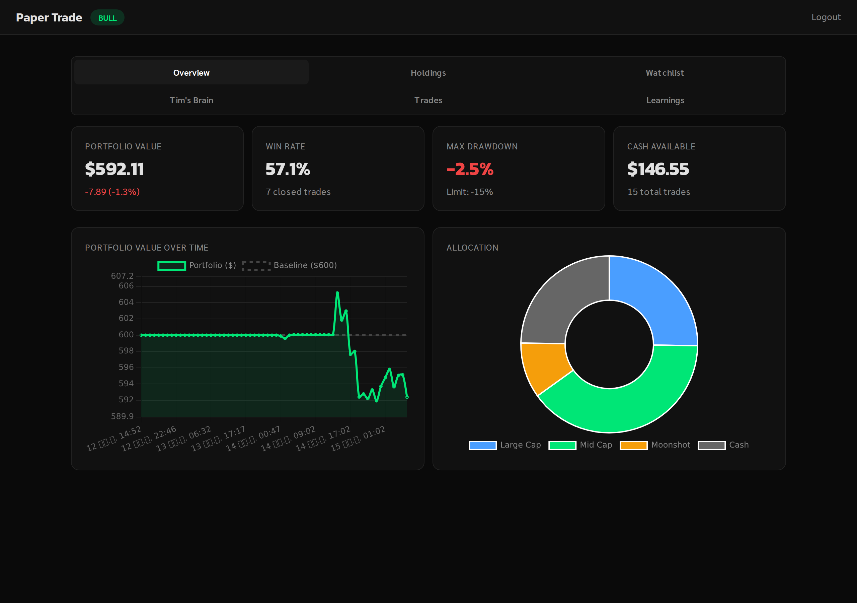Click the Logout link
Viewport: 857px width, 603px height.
pyautogui.click(x=826, y=17)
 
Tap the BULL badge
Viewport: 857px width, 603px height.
pyautogui.click(x=107, y=18)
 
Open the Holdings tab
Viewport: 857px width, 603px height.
pyautogui.click(x=428, y=73)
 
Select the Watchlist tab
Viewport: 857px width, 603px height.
pyautogui.click(x=665, y=73)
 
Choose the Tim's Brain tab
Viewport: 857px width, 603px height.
pyautogui.click(x=191, y=100)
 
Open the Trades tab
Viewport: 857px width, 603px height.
pyautogui.click(x=428, y=100)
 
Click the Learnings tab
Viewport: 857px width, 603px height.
pyautogui.click(x=665, y=100)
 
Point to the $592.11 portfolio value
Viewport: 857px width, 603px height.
pyautogui.click(x=114, y=169)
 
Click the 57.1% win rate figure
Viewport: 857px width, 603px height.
pyautogui.click(x=288, y=169)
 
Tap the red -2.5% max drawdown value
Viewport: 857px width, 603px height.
pyautogui.click(x=470, y=169)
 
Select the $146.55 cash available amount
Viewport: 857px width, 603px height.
pyautogui.click(x=658, y=169)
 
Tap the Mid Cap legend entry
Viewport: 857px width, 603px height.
pyautogui.click(x=580, y=445)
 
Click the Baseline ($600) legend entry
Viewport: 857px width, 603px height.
pyautogui.click(x=289, y=265)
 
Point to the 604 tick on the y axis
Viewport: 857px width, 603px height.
pyautogui.click(x=126, y=302)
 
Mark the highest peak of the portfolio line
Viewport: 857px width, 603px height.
pyautogui.click(x=337, y=292)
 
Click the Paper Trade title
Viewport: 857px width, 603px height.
pyautogui.click(x=49, y=17)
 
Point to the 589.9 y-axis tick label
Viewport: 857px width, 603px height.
pyautogui.click(x=122, y=416)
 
